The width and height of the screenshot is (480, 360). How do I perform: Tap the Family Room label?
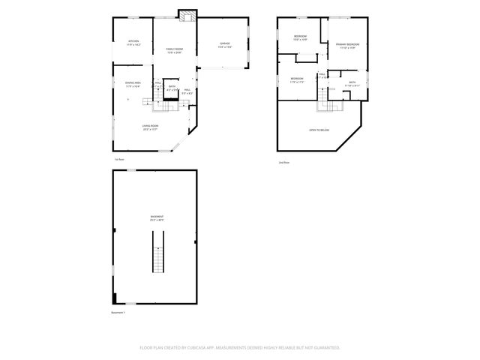coord(174,49)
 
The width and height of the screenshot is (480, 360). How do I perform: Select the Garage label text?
coord(224,44)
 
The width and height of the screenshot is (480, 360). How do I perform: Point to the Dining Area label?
coord(133,83)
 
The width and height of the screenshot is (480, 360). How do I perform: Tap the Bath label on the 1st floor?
coord(172,88)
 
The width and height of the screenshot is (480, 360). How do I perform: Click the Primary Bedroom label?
coord(346,46)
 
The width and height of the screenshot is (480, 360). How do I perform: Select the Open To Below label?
coord(319,130)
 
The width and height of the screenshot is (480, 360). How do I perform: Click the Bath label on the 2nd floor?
coord(352,83)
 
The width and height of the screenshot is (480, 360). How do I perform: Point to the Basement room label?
coord(157,217)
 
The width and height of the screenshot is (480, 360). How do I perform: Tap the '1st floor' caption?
coord(118,160)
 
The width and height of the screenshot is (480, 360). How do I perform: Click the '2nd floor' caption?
coord(283,162)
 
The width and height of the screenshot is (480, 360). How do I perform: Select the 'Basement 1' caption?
coord(118,312)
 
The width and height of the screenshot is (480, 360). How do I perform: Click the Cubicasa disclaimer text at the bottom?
coord(240,347)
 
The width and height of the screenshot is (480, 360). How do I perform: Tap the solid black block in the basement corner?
coord(115,298)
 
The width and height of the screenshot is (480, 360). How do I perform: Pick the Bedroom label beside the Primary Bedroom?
coord(300,38)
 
